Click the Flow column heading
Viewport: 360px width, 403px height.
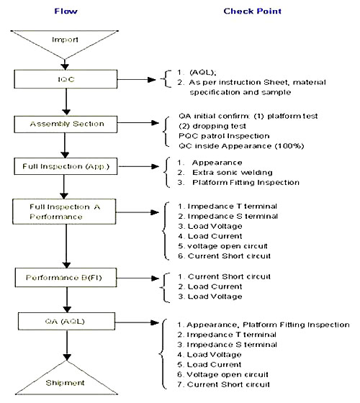[x=66, y=12]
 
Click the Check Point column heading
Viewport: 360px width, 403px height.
[x=252, y=12]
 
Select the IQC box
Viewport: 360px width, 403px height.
[x=66, y=79]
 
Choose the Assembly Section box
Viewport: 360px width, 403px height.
[x=66, y=124]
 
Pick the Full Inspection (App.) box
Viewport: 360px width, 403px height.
[x=66, y=166]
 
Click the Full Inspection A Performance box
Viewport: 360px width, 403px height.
[x=64, y=212]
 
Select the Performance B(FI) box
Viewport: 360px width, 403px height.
[x=66, y=278]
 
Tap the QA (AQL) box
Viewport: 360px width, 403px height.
[x=66, y=321]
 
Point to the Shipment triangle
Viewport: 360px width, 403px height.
[x=66, y=378]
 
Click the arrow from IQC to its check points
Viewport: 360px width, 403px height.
[x=137, y=80]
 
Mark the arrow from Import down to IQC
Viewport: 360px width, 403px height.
[x=65, y=65]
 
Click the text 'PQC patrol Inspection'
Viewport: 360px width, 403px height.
[x=224, y=136]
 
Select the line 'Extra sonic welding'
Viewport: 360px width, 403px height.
[x=233, y=173]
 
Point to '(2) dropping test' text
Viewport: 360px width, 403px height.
[x=212, y=126]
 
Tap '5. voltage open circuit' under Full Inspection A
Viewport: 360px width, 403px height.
[x=222, y=246]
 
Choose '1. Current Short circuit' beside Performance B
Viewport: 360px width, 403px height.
[x=224, y=276]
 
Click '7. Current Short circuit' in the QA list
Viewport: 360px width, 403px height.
[x=223, y=384]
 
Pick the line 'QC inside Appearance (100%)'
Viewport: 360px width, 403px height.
[x=241, y=146]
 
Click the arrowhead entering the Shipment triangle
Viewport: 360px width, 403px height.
[x=67, y=357]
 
